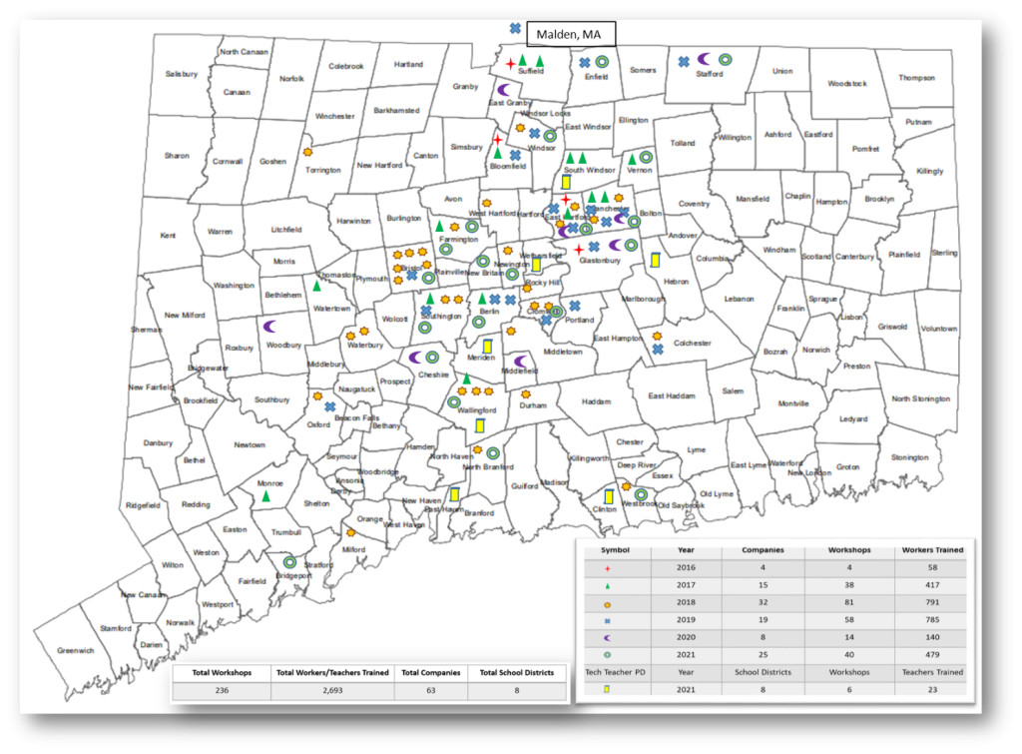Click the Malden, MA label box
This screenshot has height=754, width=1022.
(x=570, y=35)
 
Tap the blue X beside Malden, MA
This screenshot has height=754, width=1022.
(x=515, y=28)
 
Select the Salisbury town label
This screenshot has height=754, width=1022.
(x=182, y=74)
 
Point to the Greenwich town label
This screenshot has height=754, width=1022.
(x=75, y=650)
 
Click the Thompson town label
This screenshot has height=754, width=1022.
(x=916, y=78)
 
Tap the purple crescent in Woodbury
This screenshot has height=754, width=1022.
(x=269, y=326)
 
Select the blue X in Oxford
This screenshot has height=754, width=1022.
(x=328, y=406)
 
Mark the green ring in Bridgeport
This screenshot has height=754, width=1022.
(x=289, y=561)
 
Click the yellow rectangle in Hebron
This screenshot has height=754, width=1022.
(x=655, y=261)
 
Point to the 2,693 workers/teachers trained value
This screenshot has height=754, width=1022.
(x=333, y=690)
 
